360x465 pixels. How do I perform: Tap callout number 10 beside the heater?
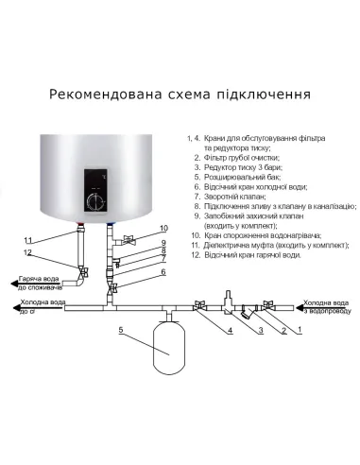coord(163,229)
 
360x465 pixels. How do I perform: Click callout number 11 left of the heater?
coord(28,238)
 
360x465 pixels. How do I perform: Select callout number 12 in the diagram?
coord(28,252)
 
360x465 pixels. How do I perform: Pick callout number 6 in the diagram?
coord(163,272)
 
